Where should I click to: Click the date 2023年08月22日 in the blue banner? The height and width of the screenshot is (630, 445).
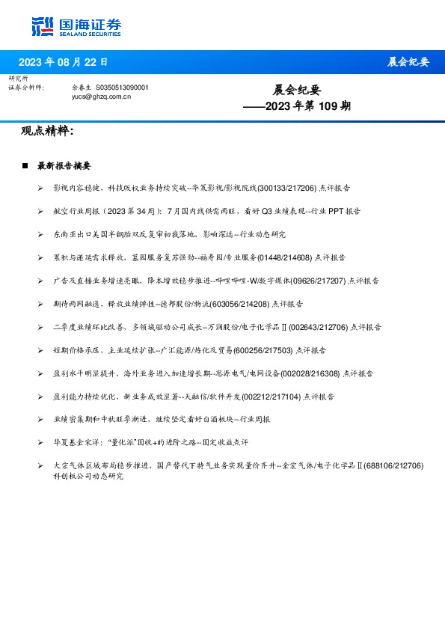[63, 62]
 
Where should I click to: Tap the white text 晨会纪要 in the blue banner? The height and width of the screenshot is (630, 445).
[408, 62]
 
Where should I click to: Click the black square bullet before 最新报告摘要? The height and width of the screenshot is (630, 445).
[25, 166]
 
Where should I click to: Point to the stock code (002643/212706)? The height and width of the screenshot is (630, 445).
[320, 327]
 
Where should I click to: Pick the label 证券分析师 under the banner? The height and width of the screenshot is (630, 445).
[26, 88]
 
